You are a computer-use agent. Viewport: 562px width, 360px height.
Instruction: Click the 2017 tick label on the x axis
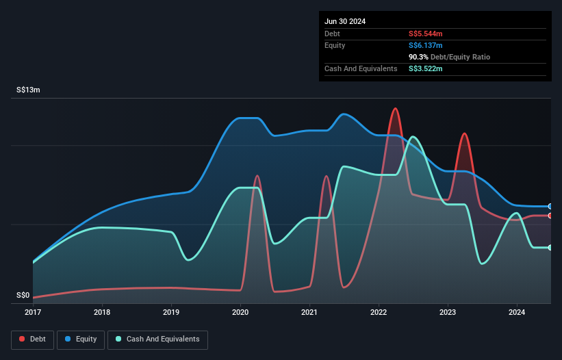pos(33,313)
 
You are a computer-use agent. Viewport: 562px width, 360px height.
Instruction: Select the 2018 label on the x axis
pos(102,313)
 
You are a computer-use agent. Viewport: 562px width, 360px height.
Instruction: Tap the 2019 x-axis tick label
pos(171,313)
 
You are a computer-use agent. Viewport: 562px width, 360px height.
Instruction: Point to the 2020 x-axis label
pos(240,313)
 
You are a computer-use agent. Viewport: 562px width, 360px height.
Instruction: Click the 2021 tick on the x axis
pos(309,313)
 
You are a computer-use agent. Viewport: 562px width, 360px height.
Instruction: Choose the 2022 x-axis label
pos(379,313)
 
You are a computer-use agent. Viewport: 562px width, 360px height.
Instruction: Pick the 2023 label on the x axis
pos(448,313)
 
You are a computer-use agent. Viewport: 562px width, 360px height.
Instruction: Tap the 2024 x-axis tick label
pos(517,313)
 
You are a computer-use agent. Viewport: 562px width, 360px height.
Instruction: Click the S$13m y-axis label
pos(29,90)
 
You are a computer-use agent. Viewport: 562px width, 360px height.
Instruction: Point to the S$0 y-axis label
pos(23,296)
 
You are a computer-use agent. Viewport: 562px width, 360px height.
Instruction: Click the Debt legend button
pos(33,339)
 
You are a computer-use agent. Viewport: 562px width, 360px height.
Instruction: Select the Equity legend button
pos(81,339)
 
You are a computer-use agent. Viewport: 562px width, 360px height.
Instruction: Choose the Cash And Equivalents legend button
pos(157,339)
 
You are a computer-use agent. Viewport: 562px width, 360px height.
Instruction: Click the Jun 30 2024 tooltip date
pos(345,21)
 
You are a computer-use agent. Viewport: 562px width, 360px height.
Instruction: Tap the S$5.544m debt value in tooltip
pos(426,34)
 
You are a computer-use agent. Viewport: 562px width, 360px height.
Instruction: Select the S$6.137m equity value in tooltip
pos(426,45)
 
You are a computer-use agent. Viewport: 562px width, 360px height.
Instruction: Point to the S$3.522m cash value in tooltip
pos(426,68)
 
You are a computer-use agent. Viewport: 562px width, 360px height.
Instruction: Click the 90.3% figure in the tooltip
pos(419,57)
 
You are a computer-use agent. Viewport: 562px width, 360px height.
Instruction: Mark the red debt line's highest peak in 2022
pos(395,108)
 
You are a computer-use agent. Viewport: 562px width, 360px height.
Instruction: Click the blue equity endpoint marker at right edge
pos(550,206)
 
